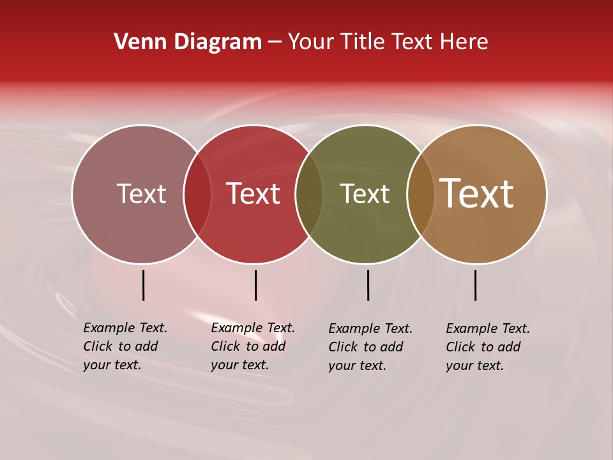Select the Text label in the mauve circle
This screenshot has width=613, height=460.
click(x=141, y=194)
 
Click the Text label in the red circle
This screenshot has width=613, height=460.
click(x=254, y=194)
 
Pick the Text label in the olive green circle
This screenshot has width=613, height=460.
click(x=365, y=194)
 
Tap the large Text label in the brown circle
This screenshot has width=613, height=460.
click(x=477, y=194)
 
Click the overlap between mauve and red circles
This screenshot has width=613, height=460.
click(x=197, y=194)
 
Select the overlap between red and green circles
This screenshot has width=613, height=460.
click(x=309, y=194)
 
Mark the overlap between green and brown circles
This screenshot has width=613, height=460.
click(x=421, y=194)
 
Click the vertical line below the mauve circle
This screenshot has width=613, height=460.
click(x=143, y=285)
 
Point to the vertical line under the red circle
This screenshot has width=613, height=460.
click(x=255, y=285)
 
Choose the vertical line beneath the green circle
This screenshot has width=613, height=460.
click(x=368, y=285)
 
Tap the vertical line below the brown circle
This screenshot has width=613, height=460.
click(x=475, y=285)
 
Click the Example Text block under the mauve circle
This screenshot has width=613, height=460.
click(x=125, y=346)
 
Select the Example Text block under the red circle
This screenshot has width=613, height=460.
click(x=253, y=346)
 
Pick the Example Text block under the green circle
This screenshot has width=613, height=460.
click(x=370, y=347)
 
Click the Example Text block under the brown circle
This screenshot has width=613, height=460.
click(x=488, y=347)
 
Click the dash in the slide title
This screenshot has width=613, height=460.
click(x=275, y=42)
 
